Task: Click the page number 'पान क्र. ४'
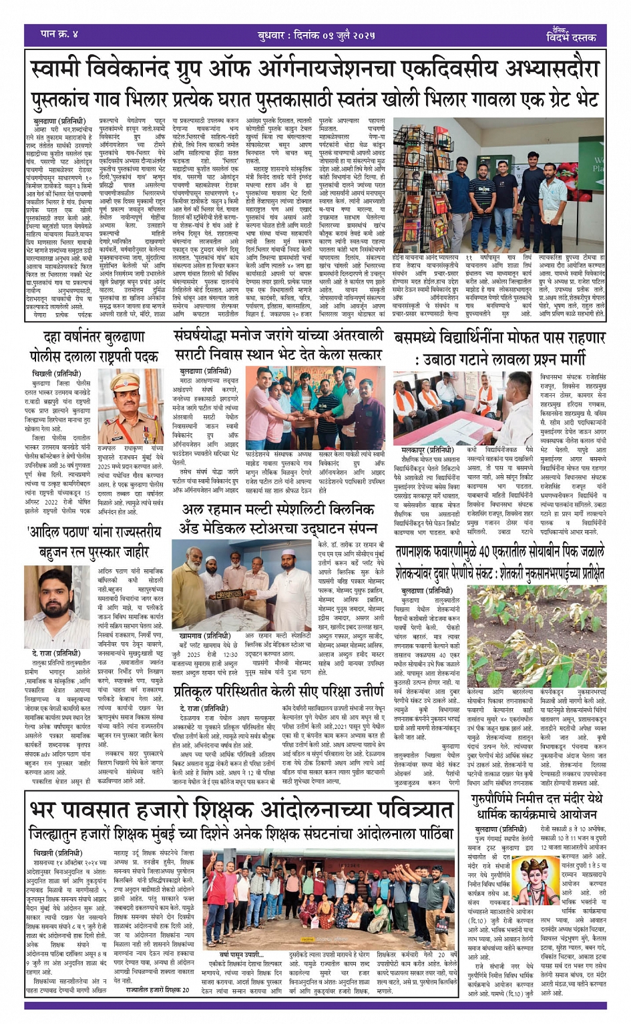(x=59, y=33)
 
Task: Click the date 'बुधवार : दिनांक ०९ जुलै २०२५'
(x=316, y=35)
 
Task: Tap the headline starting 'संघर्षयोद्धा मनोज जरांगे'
(x=278, y=335)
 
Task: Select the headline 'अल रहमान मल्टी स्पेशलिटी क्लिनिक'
(x=281, y=510)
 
